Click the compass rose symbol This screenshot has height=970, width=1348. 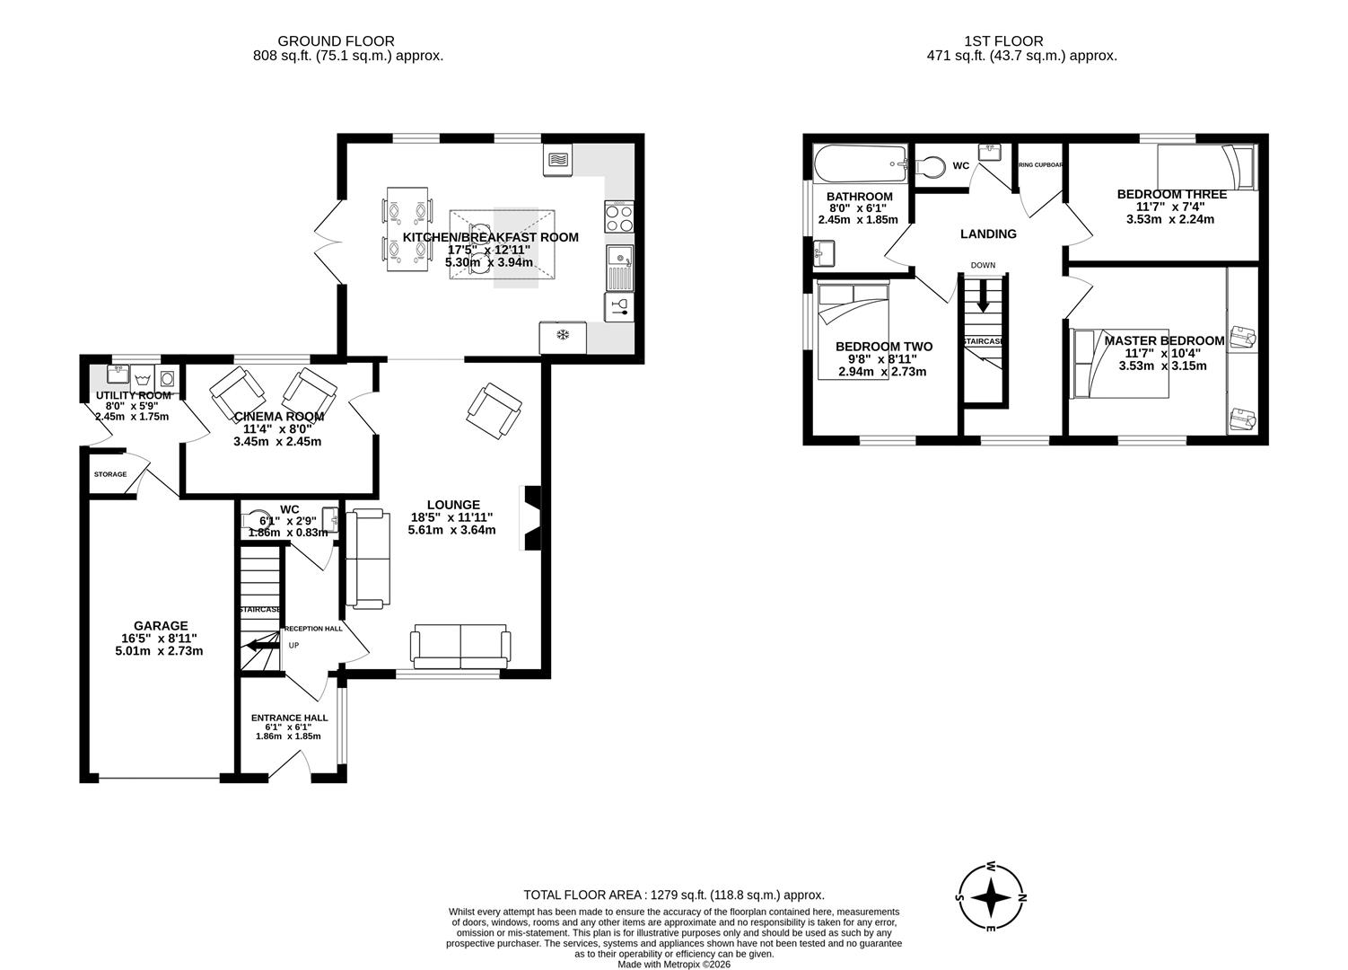point(991,897)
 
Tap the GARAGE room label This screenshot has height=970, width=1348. point(161,626)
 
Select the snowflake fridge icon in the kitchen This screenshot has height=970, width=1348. point(563,336)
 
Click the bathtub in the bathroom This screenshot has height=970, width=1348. point(859,163)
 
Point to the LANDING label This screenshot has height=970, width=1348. point(988,234)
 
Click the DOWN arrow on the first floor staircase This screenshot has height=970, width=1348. point(983,295)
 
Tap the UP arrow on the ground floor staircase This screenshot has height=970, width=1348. point(261,643)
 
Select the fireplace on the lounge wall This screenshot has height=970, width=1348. point(531,517)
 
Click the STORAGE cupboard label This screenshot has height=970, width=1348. point(110,474)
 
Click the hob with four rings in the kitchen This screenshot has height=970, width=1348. point(619,215)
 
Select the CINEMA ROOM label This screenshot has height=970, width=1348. point(278,417)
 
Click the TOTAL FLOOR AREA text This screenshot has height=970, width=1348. point(673,895)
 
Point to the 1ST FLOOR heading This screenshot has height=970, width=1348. point(1003,40)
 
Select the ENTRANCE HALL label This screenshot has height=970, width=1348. point(289,718)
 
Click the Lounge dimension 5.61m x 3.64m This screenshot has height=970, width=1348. point(451,530)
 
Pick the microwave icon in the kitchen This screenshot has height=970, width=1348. point(557,160)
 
